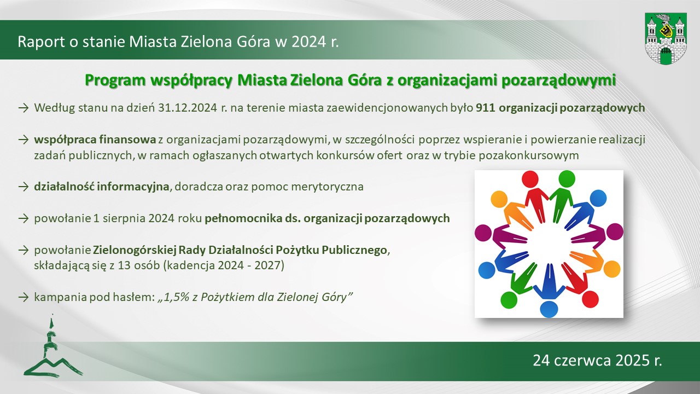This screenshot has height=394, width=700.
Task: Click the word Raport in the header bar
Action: point(41,42)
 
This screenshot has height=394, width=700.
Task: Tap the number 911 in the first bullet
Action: point(486,108)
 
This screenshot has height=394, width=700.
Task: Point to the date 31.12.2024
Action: point(187,108)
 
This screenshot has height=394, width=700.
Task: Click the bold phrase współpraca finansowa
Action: point(95,140)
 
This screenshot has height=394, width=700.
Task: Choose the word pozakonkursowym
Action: point(529,155)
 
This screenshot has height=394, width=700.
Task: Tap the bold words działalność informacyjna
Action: point(102,187)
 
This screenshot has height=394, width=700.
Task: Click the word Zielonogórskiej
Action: point(135,250)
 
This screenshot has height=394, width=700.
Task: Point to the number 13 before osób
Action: point(124,265)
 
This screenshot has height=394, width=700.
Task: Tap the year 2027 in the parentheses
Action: point(266,265)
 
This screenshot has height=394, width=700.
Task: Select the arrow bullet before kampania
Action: point(24,297)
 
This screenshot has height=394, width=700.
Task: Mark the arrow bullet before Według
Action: point(24,108)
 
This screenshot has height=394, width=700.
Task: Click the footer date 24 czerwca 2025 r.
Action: point(598,361)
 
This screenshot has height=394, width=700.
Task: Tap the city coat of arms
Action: point(666,39)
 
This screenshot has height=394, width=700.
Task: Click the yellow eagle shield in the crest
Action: point(666,31)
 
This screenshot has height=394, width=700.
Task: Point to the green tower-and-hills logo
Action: point(53,347)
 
